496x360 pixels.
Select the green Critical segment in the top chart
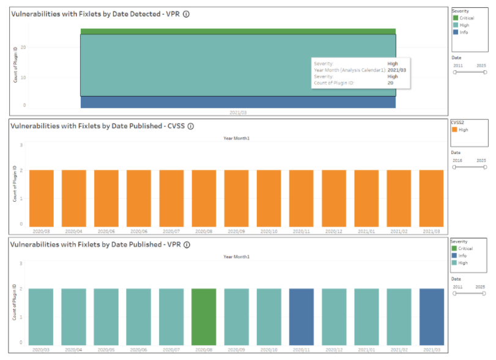[x=238, y=31]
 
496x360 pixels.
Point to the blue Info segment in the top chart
[x=238, y=102]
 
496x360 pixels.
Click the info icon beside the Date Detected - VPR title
[x=186, y=14]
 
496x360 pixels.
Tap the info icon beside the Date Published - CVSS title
[x=190, y=127]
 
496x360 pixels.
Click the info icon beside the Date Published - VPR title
[x=187, y=244]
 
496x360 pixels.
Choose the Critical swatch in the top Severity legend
[x=456, y=18]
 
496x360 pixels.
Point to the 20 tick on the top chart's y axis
[x=23, y=48]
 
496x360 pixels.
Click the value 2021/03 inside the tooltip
[x=397, y=70]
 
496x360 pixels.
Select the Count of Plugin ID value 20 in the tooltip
[x=390, y=83]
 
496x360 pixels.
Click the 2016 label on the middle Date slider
[x=457, y=160]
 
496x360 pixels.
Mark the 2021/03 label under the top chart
[x=237, y=113]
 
